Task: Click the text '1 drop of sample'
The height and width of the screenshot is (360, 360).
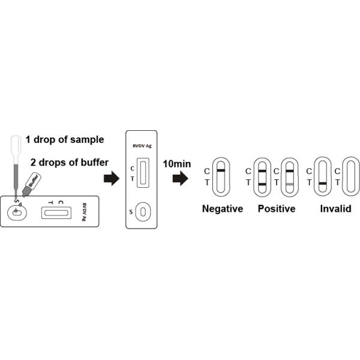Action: click(65, 140)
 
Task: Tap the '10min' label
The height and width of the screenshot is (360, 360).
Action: click(176, 163)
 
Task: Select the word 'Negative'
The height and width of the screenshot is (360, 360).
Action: click(223, 209)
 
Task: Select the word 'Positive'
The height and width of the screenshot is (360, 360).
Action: click(277, 209)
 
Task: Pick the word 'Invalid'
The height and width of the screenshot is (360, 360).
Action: click(335, 209)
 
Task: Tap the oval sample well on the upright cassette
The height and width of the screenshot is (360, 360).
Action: click(142, 212)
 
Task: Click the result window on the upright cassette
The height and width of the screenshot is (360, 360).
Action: click(142, 174)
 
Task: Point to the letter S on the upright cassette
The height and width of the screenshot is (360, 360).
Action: click(132, 212)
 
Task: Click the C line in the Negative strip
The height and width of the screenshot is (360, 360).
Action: click(221, 171)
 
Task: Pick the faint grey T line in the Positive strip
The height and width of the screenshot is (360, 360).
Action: click(289, 183)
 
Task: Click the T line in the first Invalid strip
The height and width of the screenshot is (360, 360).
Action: click(322, 183)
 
